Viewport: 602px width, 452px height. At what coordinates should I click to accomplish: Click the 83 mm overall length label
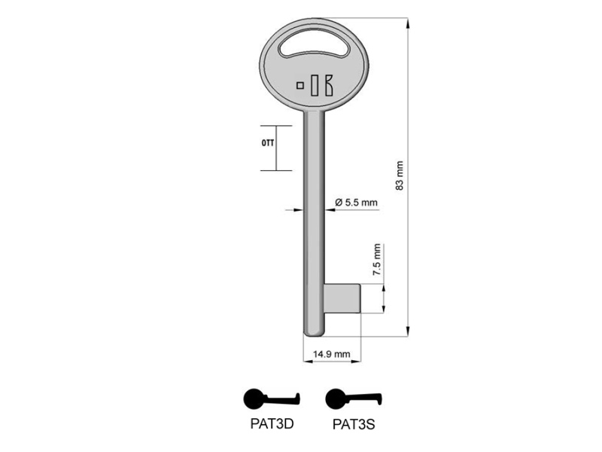(400, 176)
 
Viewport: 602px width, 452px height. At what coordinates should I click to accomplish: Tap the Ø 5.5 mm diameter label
(356, 202)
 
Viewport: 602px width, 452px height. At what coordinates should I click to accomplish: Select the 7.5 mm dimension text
(377, 259)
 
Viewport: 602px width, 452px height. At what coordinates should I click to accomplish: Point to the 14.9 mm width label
(331, 353)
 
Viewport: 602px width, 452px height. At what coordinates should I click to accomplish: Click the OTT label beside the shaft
(268, 143)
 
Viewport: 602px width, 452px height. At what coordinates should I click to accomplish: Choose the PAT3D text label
(272, 423)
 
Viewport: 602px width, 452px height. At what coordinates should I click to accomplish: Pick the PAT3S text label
(354, 424)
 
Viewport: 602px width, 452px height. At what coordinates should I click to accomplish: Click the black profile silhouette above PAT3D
(271, 399)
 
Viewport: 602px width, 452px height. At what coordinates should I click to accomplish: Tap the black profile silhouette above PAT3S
(353, 399)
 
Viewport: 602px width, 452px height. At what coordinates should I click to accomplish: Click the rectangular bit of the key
(342, 298)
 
